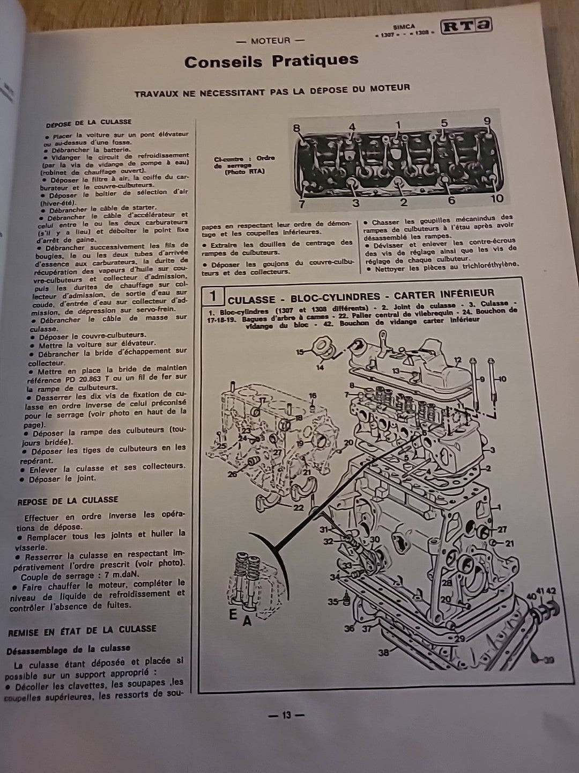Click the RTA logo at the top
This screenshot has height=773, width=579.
click(465, 26)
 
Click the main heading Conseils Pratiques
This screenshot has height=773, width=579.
click(271, 61)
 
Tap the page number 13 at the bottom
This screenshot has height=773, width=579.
click(286, 714)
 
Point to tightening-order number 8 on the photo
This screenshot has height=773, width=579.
click(297, 128)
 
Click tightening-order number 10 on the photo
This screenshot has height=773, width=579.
click(496, 198)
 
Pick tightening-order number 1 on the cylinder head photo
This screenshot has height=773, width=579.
click(398, 125)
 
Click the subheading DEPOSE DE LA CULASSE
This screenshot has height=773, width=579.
click(88, 122)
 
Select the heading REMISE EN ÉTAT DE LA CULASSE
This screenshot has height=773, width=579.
click(81, 630)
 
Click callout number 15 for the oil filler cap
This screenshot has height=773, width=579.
click(300, 352)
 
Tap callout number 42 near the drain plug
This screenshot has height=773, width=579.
click(552, 591)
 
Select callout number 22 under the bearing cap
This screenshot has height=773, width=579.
click(298, 508)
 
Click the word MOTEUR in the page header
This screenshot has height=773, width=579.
click(270, 40)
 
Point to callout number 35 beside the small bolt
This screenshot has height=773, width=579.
click(333, 602)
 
